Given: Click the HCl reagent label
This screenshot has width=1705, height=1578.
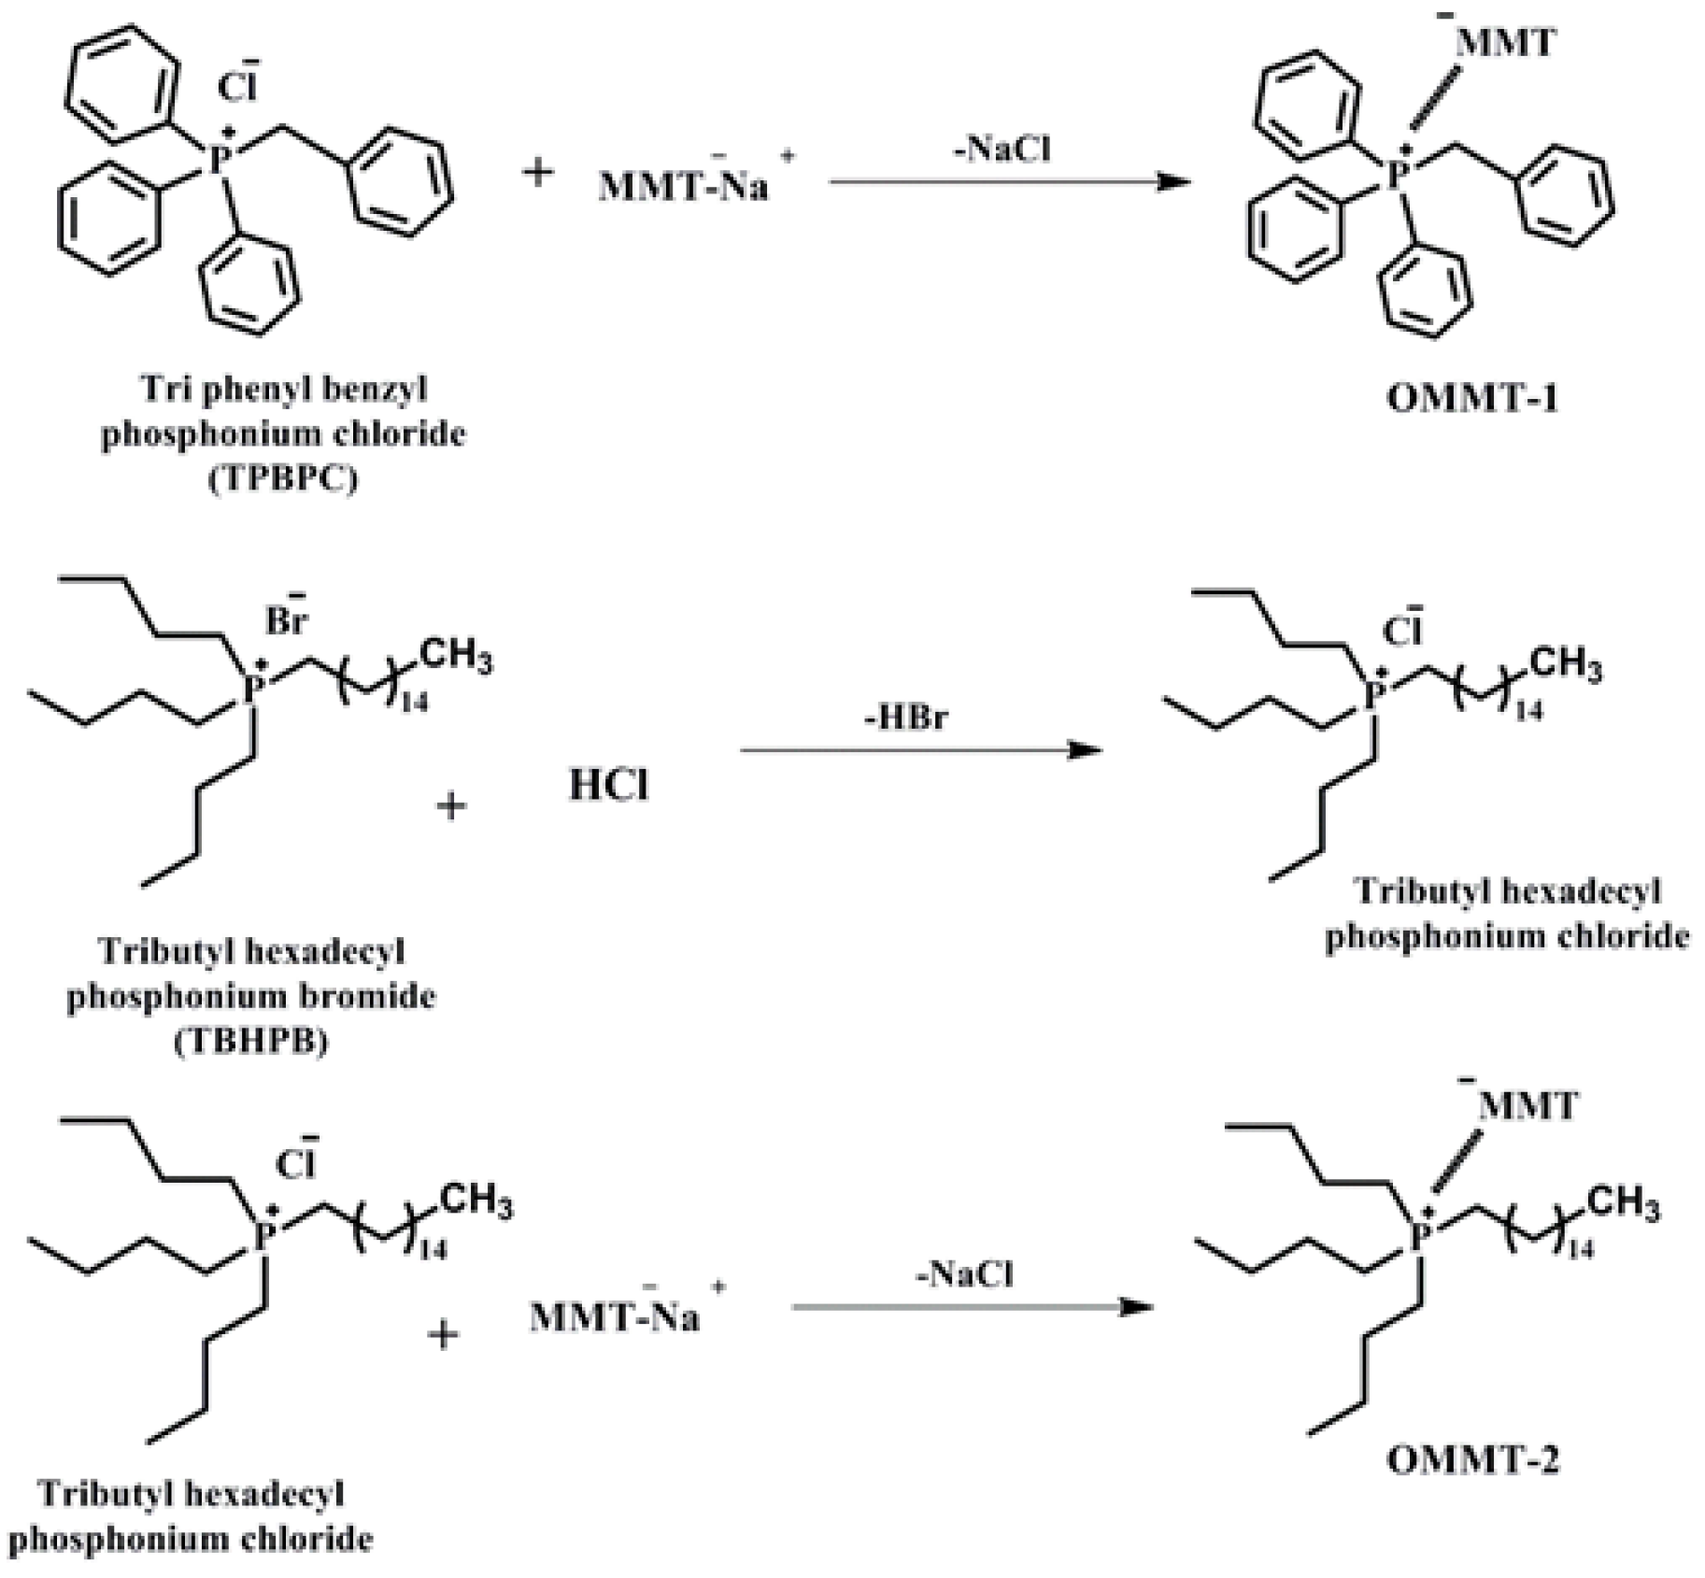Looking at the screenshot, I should pos(608,786).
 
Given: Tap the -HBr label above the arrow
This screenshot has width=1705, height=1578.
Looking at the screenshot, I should pos(905,718).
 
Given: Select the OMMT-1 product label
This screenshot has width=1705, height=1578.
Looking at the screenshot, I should pos(1472,399).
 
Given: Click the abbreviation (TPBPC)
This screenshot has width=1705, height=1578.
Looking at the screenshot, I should pos(283,479).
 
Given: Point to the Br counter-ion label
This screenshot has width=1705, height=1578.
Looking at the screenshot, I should pos(286,619).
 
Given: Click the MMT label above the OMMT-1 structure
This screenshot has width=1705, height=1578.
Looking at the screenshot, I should pos(1505,43).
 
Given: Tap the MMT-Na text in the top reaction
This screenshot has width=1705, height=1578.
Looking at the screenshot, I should pos(683,186).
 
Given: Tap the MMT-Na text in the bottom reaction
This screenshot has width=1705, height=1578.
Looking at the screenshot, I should pos(615,1317).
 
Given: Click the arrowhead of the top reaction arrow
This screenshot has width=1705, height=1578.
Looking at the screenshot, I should pos(1175,182).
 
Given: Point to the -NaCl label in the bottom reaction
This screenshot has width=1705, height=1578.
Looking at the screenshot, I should pos(964,1274).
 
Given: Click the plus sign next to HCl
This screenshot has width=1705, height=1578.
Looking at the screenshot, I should pos(451,805).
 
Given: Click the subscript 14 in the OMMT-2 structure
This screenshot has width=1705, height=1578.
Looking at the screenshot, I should pos(1580,1249).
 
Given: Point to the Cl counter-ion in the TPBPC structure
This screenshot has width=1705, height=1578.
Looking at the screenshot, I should pos(236,86).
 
